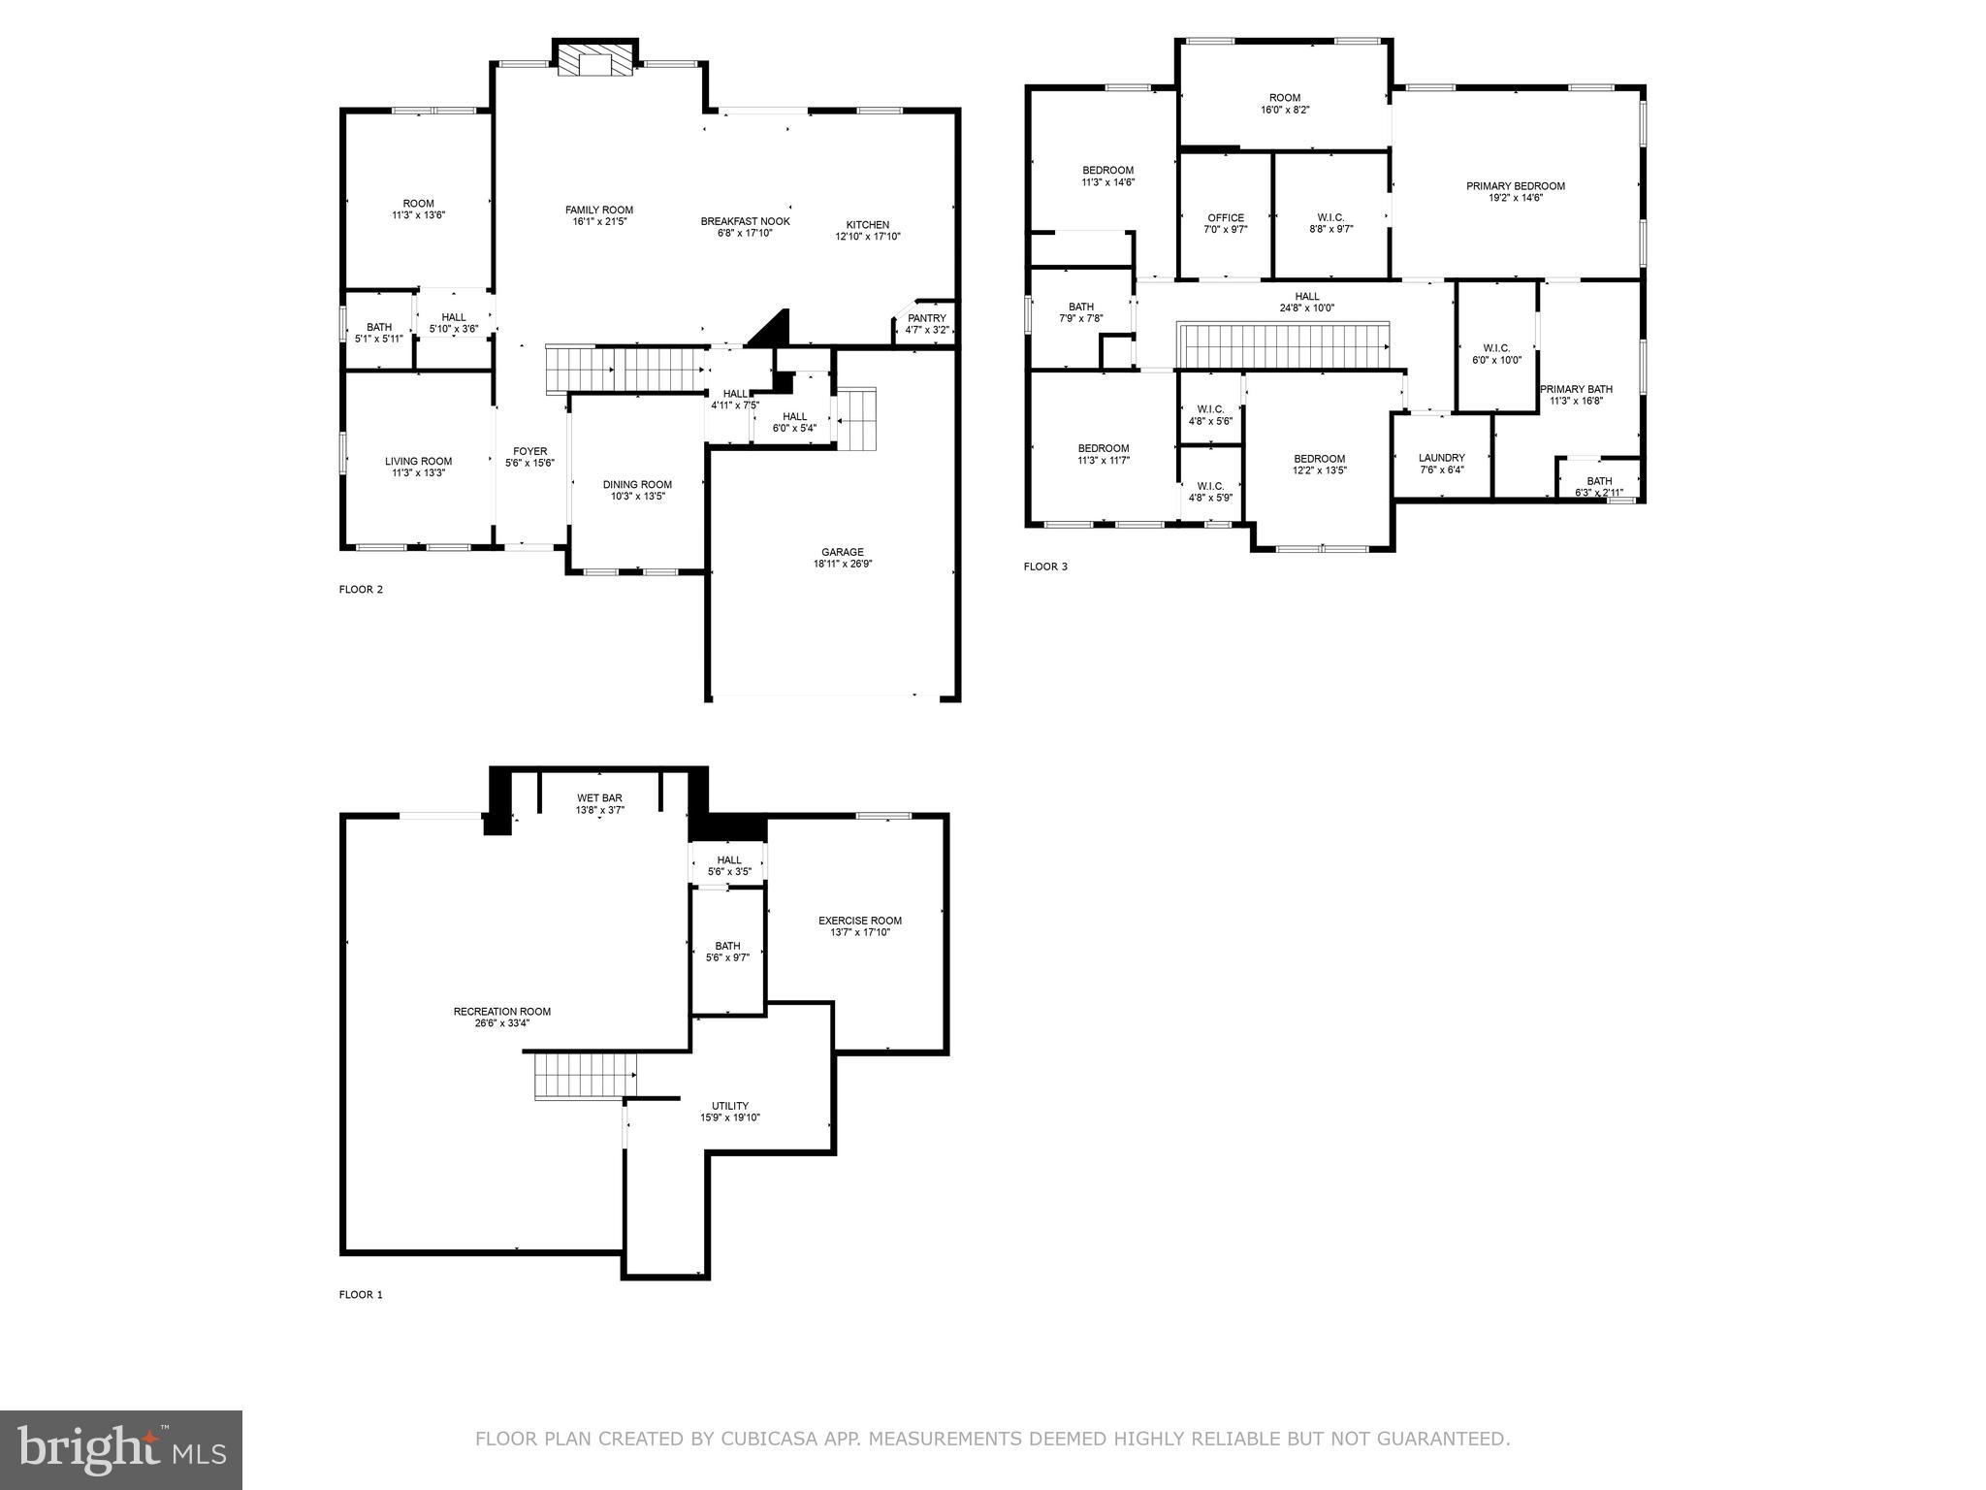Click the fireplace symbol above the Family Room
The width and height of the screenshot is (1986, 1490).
[x=595, y=61]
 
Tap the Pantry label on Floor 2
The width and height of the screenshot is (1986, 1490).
[x=926, y=318]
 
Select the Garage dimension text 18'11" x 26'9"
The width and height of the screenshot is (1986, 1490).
[x=842, y=564]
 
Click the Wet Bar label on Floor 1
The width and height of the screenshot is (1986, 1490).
[x=599, y=797]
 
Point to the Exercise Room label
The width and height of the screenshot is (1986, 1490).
[x=859, y=921]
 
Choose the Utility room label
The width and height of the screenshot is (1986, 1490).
[x=729, y=1106]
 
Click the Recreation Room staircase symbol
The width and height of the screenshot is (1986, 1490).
[x=585, y=1077]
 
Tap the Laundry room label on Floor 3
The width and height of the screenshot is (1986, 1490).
[x=1441, y=458]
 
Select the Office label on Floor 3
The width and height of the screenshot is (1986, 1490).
[x=1225, y=218]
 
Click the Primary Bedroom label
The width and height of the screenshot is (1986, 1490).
[x=1515, y=186]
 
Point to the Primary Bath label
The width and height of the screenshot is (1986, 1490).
[x=1574, y=389]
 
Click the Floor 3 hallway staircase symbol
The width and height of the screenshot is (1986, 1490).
[x=1283, y=346]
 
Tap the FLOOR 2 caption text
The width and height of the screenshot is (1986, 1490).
[x=361, y=589]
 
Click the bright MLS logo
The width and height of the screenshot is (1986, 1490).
[x=121, y=1449]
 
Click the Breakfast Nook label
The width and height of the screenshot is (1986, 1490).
[x=745, y=221]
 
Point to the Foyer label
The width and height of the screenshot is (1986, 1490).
[x=529, y=451]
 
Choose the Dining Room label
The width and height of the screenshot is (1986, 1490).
[x=637, y=484]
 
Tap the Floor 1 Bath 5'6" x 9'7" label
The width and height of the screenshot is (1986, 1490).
[x=727, y=946]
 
